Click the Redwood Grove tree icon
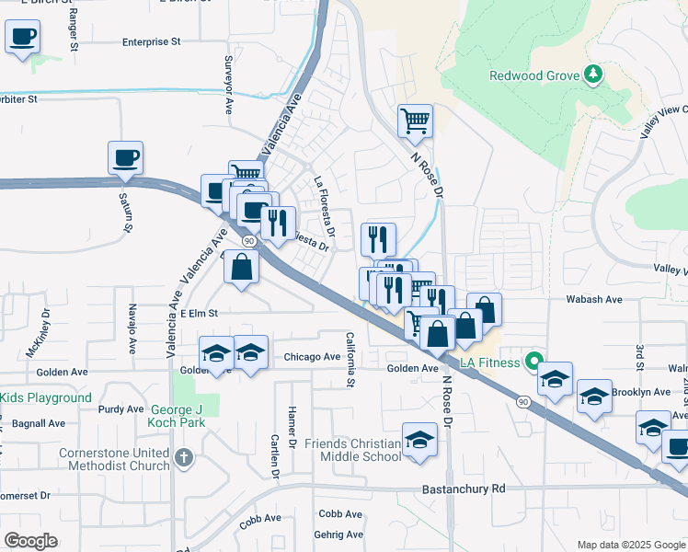(593, 75)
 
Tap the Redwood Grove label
(533, 75)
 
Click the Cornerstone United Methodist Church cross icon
(184, 457)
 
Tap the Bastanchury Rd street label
(464, 489)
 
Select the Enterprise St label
(152, 41)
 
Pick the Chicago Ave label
(312, 357)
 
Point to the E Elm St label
(198, 313)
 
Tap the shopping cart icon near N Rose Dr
(415, 120)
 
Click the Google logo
(31, 541)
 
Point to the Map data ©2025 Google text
(629, 545)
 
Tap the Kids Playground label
(46, 397)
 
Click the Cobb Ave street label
(338, 514)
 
